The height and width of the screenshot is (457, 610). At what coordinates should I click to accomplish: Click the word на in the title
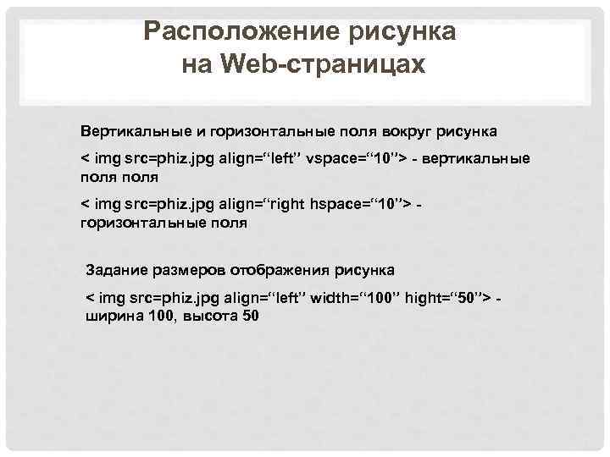195,64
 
